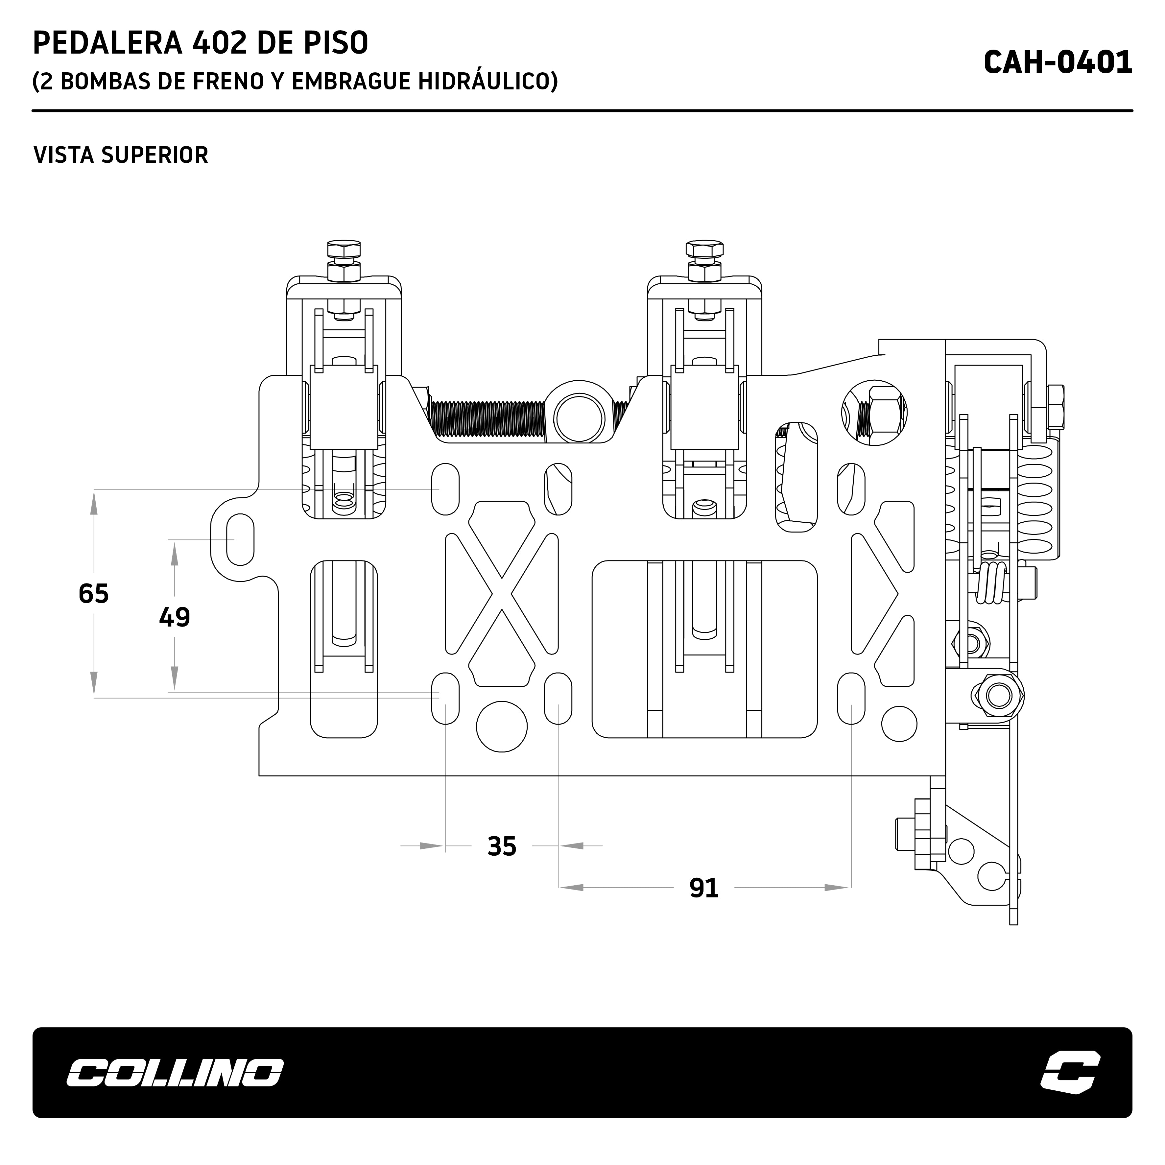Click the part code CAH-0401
(1058, 62)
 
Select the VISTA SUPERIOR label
(121, 155)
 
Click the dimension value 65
(93, 593)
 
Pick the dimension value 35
(502, 846)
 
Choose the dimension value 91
(704, 888)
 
